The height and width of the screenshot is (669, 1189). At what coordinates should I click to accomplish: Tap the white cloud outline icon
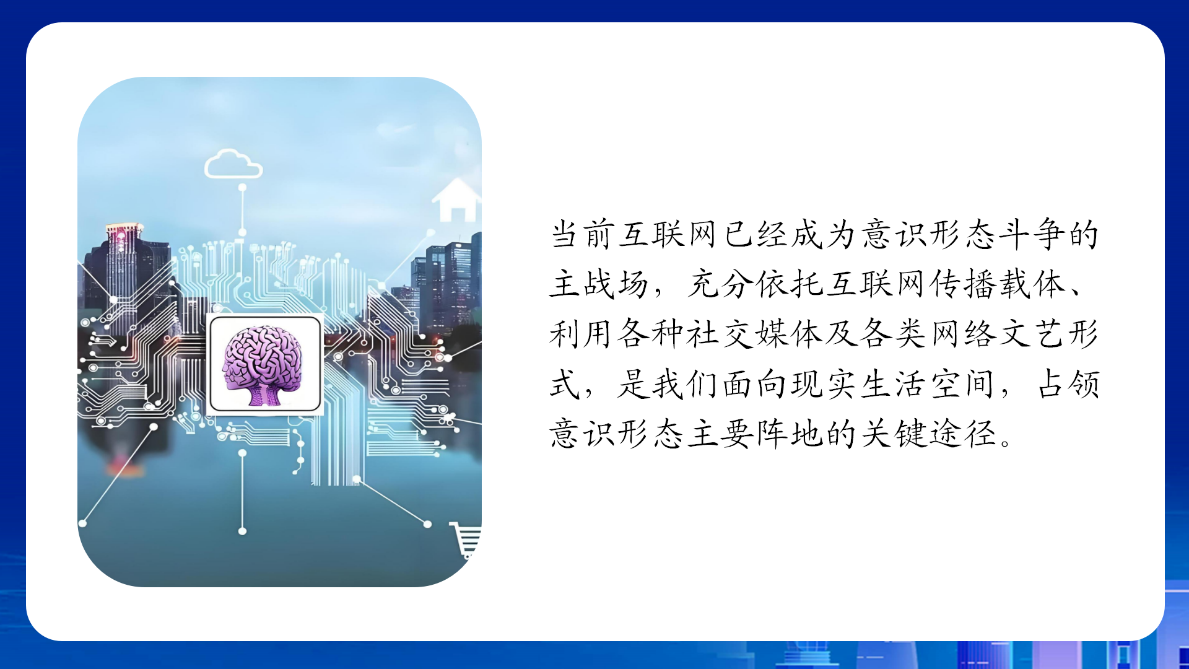click(233, 164)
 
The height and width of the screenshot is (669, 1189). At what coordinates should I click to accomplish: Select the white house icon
click(457, 200)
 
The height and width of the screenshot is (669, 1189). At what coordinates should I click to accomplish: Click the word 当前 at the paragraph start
click(583, 235)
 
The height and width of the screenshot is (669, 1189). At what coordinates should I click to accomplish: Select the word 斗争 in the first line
click(1032, 235)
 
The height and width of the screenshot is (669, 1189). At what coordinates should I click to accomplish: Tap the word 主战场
click(599, 284)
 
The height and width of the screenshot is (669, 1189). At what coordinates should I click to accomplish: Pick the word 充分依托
click(754, 284)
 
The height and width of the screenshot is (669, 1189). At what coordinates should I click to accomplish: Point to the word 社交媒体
click(754, 334)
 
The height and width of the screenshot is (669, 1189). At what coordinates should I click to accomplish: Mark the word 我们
click(686, 384)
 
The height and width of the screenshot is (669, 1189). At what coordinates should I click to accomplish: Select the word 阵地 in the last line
click(790, 434)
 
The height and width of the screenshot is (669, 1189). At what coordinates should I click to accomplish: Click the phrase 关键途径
click(928, 434)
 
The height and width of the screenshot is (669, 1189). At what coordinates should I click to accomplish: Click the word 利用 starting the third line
click(582, 334)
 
